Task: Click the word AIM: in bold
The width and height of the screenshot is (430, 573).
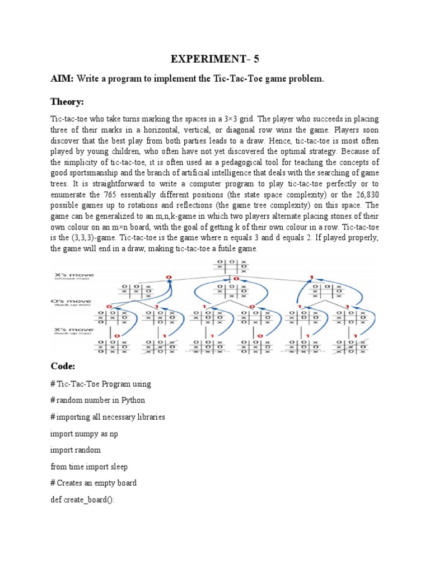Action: pyautogui.click(x=62, y=79)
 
